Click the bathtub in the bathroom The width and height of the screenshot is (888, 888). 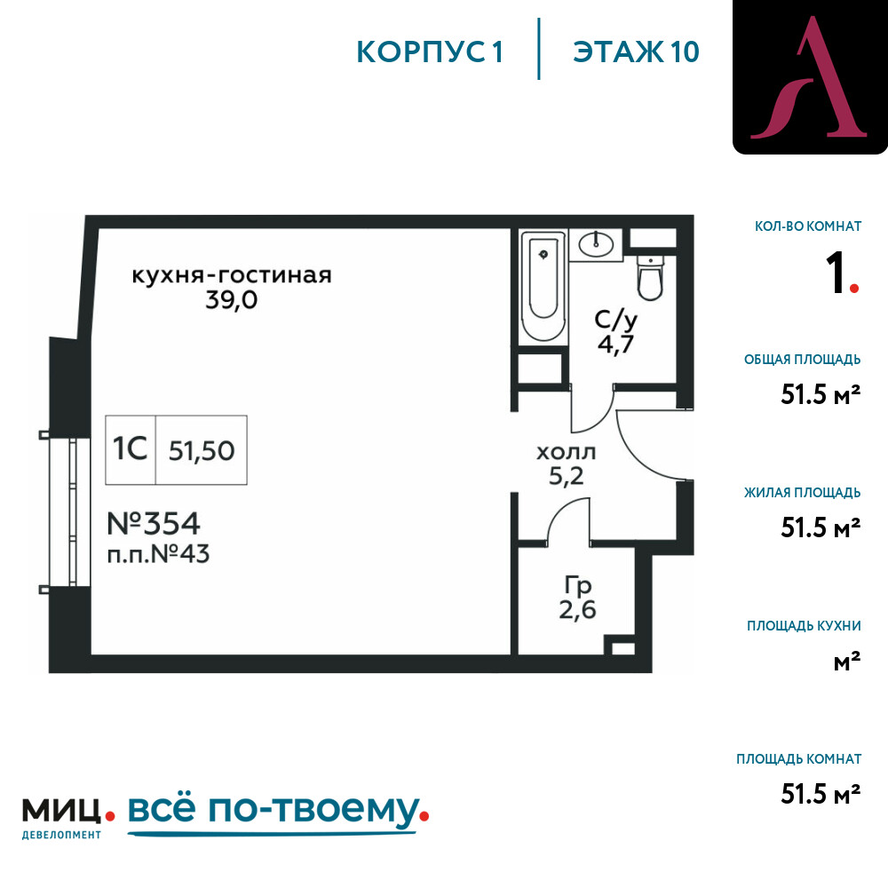coord(543,287)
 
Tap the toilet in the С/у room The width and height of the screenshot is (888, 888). coord(650,277)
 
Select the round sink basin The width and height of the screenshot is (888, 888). coord(596,245)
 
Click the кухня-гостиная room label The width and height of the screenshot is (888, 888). coord(232,275)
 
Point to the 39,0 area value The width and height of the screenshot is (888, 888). coord(232,299)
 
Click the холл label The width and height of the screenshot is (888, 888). coord(566,452)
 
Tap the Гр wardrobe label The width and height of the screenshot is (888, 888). coord(578,585)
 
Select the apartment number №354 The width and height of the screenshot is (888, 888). coord(154,523)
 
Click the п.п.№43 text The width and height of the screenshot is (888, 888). coord(158,554)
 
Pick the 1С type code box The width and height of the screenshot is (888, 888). coord(131,449)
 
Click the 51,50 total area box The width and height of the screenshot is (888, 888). coord(202,449)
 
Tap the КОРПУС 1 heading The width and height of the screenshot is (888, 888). coord(430,52)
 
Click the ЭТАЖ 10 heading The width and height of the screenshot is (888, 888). coord(636,52)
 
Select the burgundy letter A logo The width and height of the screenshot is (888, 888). coord(810,77)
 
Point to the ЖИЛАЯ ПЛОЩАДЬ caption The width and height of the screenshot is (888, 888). coord(803,492)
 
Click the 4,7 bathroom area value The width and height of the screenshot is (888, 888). coord(615,344)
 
